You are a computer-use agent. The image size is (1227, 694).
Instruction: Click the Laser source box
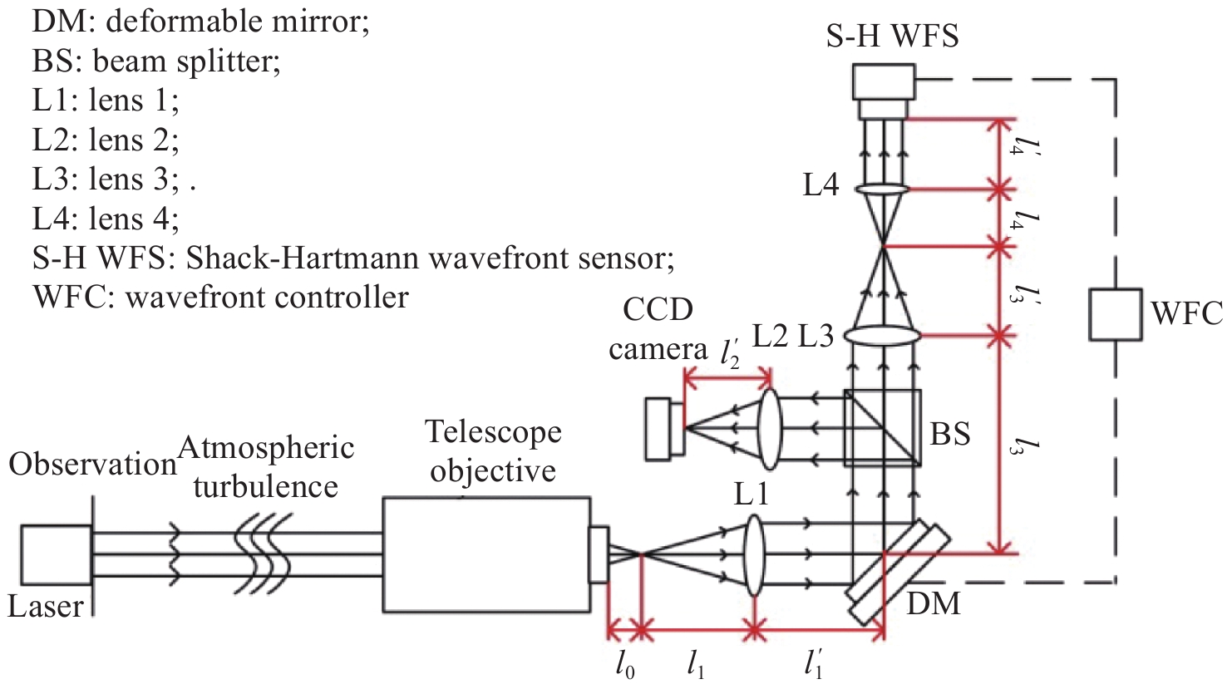pyautogui.click(x=56, y=554)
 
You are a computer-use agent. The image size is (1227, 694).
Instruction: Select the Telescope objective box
pyautogui.click(x=486, y=554)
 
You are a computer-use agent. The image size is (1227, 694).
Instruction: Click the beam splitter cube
pyautogui.click(x=882, y=427)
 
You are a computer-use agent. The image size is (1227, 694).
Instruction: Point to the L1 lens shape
pyautogui.click(x=753, y=554)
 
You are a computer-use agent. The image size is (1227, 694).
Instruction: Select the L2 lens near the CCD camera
pyautogui.click(x=768, y=427)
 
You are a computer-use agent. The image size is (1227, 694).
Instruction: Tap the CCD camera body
pyautogui.click(x=663, y=428)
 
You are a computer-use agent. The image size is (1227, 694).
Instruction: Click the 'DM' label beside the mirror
pyautogui.click(x=933, y=603)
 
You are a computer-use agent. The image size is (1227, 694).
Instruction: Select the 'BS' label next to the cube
pyautogui.click(x=950, y=434)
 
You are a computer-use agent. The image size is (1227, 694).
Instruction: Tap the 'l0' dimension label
pyautogui.click(x=625, y=664)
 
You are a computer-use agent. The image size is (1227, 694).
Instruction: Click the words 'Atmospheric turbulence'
pyautogui.click(x=266, y=467)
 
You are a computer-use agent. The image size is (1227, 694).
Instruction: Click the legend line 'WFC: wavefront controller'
pyautogui.click(x=220, y=297)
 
